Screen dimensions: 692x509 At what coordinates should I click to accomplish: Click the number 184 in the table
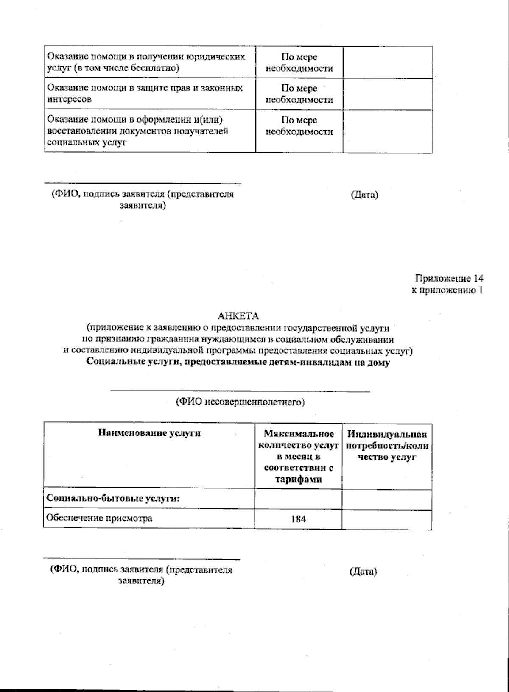[x=298, y=519]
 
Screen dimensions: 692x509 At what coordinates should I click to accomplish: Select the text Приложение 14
[x=449, y=279]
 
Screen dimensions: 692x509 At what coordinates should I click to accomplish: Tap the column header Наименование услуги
[x=149, y=433]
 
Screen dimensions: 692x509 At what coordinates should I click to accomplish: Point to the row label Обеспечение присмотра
[x=99, y=518]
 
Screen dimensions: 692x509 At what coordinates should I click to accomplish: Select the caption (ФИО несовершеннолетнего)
[x=240, y=402]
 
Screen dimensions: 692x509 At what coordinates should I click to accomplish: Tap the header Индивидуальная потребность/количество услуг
[x=386, y=445]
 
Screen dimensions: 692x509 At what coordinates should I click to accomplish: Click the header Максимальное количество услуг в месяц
[x=298, y=456]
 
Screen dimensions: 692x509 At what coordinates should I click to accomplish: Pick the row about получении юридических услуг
[x=146, y=62]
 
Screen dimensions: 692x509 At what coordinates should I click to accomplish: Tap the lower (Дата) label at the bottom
[x=363, y=571]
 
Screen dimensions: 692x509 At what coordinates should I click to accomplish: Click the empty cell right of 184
[x=386, y=519]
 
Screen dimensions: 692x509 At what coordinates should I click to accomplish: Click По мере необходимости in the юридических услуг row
[x=299, y=63]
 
